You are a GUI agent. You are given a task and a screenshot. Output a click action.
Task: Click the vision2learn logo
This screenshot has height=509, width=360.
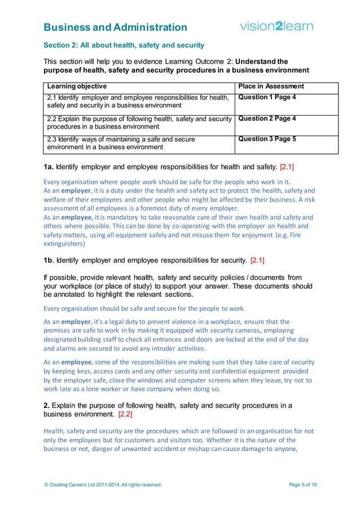(x=276, y=26)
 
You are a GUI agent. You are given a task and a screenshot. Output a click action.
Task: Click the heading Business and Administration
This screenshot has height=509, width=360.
(x=115, y=27)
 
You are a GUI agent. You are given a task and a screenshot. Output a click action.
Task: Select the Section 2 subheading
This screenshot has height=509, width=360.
(x=124, y=45)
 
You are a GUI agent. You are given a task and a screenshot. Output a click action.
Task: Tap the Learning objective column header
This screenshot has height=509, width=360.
(x=77, y=86)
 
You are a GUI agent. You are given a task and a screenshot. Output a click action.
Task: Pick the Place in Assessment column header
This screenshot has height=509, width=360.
(x=271, y=86)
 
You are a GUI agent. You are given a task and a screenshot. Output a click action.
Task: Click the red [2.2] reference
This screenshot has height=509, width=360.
(x=125, y=415)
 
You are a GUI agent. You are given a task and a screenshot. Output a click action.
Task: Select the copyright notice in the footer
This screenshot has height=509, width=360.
(x=103, y=485)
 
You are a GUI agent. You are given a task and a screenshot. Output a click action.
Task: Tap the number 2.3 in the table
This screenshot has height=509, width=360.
(x=52, y=139)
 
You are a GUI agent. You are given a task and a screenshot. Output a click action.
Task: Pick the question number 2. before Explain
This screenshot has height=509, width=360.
(x=47, y=406)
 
